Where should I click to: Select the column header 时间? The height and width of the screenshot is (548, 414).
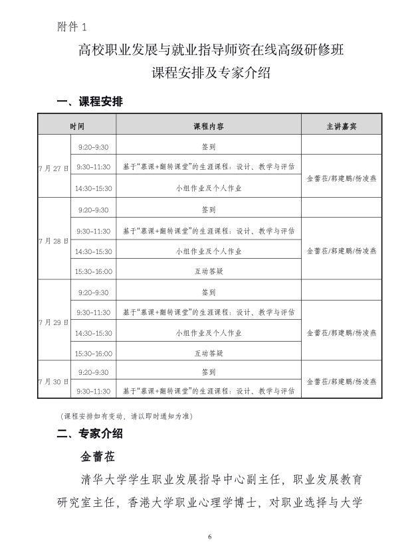(x=76, y=125)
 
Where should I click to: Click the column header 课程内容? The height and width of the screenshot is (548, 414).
(x=208, y=125)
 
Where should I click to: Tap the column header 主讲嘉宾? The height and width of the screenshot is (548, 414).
(x=342, y=125)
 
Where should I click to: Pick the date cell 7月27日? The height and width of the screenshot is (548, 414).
(x=54, y=168)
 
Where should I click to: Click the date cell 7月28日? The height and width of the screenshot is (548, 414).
(x=54, y=240)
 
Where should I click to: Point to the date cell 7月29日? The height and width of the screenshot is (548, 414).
(x=54, y=322)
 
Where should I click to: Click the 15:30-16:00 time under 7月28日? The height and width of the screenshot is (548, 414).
(x=94, y=271)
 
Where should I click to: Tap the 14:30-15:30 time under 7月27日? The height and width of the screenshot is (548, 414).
(x=94, y=188)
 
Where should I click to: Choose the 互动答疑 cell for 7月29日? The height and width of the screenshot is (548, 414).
(x=208, y=354)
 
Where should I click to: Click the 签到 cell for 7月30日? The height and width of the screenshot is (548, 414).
(x=208, y=372)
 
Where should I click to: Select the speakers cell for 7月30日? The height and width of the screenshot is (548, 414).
(x=342, y=381)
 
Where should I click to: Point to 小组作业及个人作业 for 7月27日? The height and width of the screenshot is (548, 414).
(x=208, y=188)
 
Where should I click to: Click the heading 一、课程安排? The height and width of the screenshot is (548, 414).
(x=90, y=102)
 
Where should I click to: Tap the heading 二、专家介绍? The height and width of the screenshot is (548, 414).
(x=90, y=434)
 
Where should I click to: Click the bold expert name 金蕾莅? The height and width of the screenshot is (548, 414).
(x=98, y=457)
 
